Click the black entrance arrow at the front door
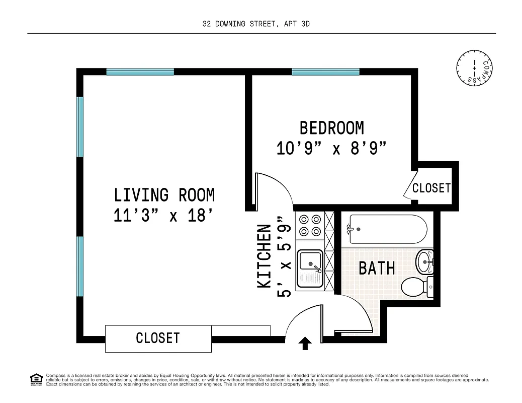pyautogui.click(x=305, y=344)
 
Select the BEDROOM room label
pyautogui.click(x=331, y=128)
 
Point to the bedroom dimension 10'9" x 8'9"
pyautogui.click(x=331, y=149)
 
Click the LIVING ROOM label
pyautogui.click(x=164, y=195)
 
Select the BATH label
pyautogui.click(x=376, y=268)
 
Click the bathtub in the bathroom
pyautogui.click(x=387, y=229)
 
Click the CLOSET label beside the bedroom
pyautogui.click(x=431, y=188)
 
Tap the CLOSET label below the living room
pyautogui.click(x=157, y=338)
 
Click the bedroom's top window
pyautogui.click(x=325, y=72)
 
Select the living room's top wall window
pyautogui.click(x=140, y=72)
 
